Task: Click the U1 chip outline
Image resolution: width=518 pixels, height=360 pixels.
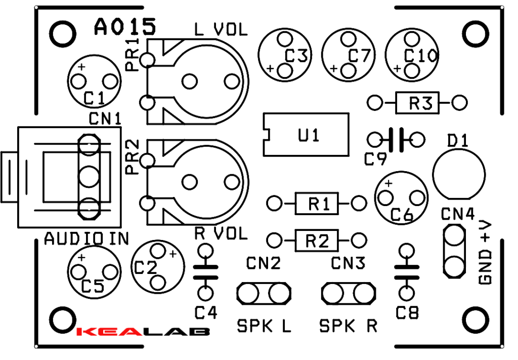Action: coord(307,135)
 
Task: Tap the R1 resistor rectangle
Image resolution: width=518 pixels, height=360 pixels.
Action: coord(316,204)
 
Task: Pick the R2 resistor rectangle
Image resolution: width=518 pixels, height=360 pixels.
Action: coord(316,239)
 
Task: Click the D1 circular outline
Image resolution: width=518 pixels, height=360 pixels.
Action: coord(458,174)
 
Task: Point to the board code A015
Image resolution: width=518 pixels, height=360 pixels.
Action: coord(124,27)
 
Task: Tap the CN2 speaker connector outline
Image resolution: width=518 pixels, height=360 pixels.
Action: coord(264,293)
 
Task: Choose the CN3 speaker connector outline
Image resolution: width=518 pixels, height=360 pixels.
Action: coord(349,293)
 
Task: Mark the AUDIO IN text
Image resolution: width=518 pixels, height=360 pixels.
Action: coord(87,238)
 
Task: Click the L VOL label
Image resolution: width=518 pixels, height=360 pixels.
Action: coord(221,30)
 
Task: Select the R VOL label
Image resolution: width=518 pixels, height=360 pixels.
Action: coord(221,233)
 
